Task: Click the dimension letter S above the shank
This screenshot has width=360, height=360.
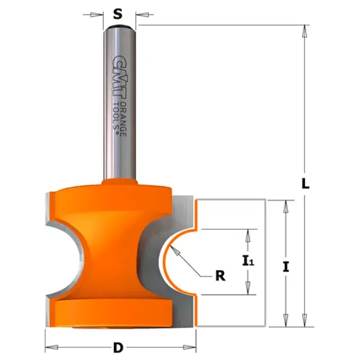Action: coord(118,14)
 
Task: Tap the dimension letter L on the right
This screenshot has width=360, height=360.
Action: coord(305,184)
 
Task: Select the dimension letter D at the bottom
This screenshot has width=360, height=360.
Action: coord(118,347)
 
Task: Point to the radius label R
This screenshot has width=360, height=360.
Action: coord(220,276)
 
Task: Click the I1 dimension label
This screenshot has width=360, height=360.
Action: coord(248,261)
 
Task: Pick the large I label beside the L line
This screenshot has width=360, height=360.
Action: coord(286,267)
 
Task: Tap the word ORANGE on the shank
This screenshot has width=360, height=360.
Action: coord(124,119)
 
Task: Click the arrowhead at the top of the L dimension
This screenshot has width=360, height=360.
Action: coord(305,31)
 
